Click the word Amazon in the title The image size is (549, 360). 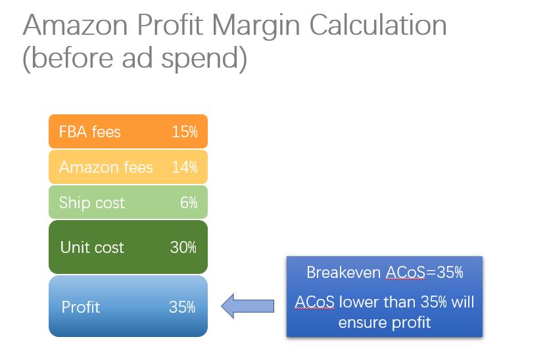pos(75,25)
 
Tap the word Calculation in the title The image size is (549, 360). pos(378,25)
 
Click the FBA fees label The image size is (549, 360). pos(89,132)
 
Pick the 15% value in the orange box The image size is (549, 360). pos(185,132)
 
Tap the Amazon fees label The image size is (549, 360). pos(106,168)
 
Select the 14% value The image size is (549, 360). pos(185,168)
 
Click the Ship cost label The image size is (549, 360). pos(92,203)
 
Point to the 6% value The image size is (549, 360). pos(189,202)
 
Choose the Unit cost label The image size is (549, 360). pos(92,248)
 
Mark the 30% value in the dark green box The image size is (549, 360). pos(183,248)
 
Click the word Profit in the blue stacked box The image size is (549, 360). pos(80,307)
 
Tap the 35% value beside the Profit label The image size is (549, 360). pos(182,307)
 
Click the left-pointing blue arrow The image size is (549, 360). pos(247,306)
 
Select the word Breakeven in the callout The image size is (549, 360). pos(343,272)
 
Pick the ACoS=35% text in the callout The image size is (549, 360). pos(424,272)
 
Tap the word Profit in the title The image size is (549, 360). pos(170,25)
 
